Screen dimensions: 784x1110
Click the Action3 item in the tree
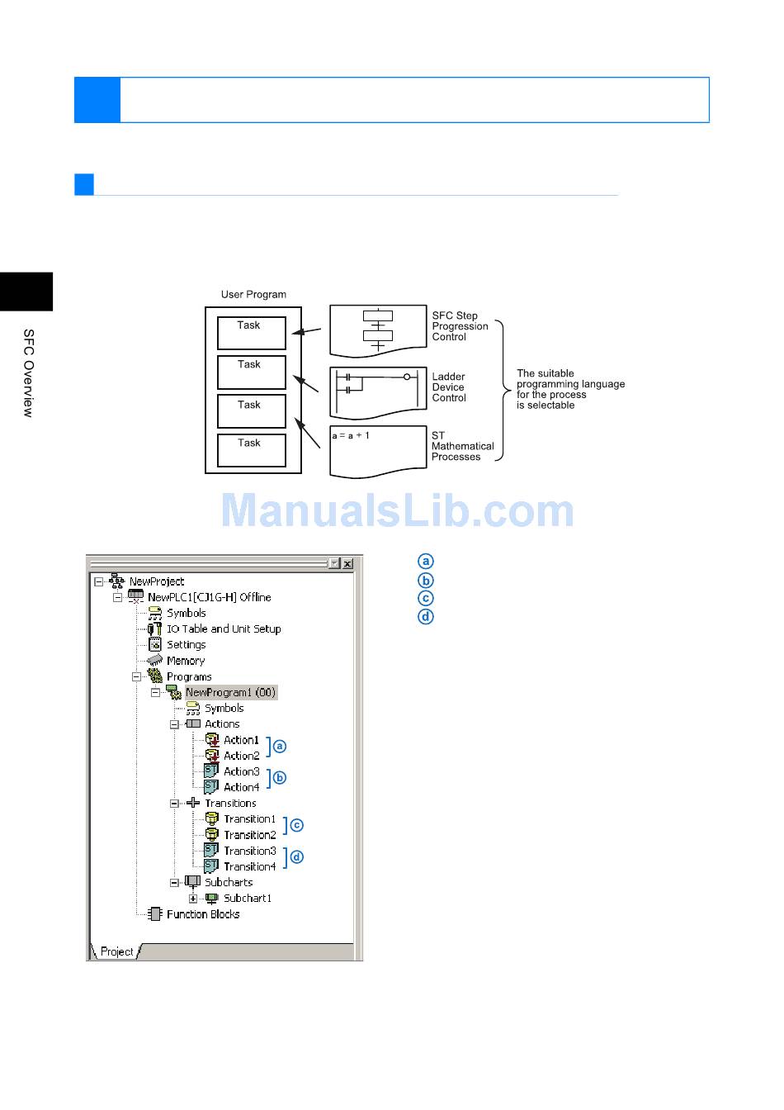241,771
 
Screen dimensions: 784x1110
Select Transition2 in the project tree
249,835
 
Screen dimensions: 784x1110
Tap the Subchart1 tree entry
247,899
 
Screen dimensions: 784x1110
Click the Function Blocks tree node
202,914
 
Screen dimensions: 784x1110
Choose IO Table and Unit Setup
223,629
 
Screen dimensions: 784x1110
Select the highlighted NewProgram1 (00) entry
230,692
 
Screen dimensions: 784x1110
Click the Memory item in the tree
185,661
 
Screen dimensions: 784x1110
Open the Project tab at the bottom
116,951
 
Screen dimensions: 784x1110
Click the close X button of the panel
347,563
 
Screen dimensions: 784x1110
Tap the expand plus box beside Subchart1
193,899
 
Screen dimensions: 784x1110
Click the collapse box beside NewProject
99,581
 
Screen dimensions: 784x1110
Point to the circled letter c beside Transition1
297,825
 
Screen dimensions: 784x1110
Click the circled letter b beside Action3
280,777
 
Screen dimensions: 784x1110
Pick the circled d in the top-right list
426,617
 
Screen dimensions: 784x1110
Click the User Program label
253,294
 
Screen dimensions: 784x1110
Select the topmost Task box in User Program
251,332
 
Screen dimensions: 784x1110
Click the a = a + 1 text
351,435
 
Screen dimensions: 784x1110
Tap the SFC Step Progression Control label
460,326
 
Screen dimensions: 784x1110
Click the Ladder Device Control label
449,387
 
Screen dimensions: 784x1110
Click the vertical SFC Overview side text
28,372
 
